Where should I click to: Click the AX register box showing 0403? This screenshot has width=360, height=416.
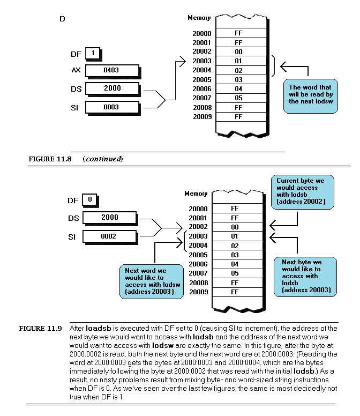pos(111,70)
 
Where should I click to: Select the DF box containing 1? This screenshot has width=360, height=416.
pos(93,54)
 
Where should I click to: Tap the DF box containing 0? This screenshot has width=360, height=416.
pos(89,200)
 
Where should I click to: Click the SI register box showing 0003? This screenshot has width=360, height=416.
pos(111,107)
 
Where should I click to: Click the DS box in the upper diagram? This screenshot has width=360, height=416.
pos(111,88)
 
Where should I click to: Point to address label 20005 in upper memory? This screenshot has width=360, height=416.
pos(202,80)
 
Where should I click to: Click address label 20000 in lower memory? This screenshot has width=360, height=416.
pos(198,209)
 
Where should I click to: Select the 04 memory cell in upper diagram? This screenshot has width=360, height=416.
pos(238,89)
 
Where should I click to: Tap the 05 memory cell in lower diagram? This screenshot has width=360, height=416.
pos(234,273)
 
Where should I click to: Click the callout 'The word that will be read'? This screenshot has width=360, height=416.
pos(310,94)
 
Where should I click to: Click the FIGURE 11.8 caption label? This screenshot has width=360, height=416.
pos(46,159)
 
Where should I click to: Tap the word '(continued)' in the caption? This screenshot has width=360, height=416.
pos(103,159)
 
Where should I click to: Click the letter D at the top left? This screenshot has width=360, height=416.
pos(63,19)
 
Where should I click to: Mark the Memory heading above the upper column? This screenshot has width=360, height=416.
pos(199,18)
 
